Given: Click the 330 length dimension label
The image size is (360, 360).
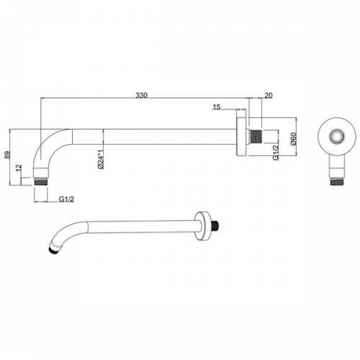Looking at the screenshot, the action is coord(141,95).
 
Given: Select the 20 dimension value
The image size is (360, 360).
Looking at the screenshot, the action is coord(269,95).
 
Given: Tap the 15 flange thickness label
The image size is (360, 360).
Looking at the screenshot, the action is coord(217,107).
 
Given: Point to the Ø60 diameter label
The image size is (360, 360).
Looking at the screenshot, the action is coord(293,139).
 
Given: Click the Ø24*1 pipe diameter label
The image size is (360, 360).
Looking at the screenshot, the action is coord(101,160).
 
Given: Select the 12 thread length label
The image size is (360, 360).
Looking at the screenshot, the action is coord(19,168).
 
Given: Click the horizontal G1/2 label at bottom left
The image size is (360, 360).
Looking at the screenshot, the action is coord(67,199).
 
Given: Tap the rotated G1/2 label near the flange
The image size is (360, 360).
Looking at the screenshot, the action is coord(276,152).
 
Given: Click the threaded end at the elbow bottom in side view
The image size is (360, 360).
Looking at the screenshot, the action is coord(40,181).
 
